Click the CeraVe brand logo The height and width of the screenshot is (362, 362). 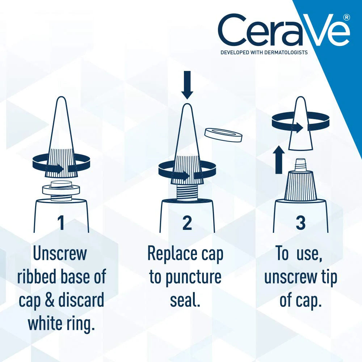tap(283, 30)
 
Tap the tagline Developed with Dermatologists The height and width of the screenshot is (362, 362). tap(264, 52)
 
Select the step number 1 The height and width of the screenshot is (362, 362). tap(61, 223)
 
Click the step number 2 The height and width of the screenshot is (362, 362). tap(187, 223)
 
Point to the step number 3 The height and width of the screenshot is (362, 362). tap(300, 223)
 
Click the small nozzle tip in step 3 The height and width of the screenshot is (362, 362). tap(300, 165)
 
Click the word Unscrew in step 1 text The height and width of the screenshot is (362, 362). tap(60, 254)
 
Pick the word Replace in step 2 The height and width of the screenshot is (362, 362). tap(172, 254)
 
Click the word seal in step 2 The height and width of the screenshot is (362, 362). tap(185, 300)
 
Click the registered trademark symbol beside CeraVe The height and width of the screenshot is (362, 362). tap(346, 17)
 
